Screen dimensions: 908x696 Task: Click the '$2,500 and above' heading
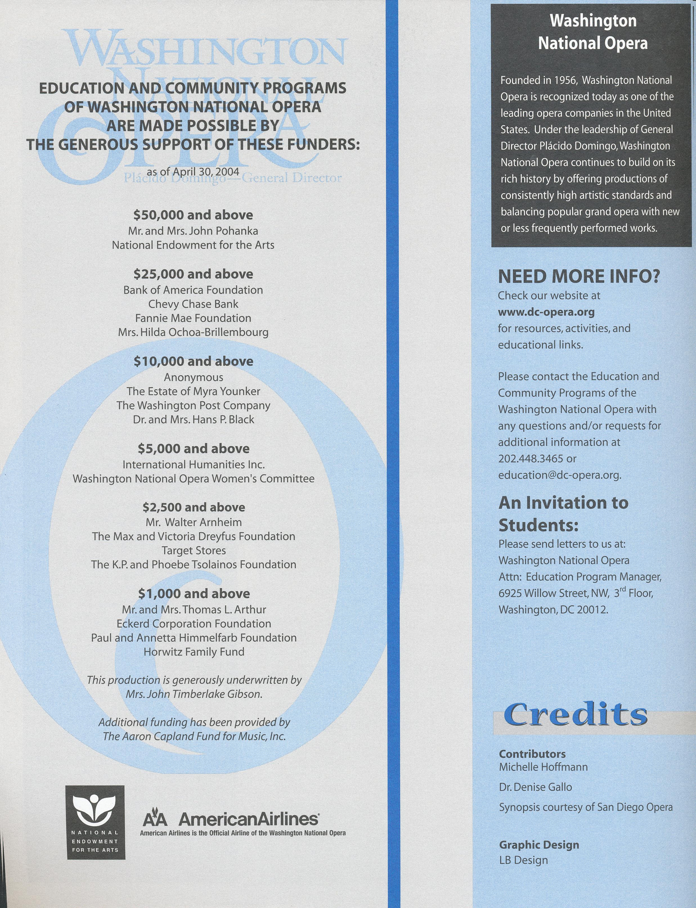tap(194, 507)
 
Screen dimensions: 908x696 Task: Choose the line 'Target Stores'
tap(194, 550)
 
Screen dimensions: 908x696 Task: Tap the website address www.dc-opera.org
tap(546, 312)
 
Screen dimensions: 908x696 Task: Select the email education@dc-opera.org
tap(559, 475)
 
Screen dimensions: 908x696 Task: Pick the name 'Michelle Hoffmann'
tap(543, 767)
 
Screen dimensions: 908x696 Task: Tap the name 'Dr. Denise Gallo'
tap(535, 787)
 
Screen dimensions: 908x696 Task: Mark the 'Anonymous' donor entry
tap(194, 377)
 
